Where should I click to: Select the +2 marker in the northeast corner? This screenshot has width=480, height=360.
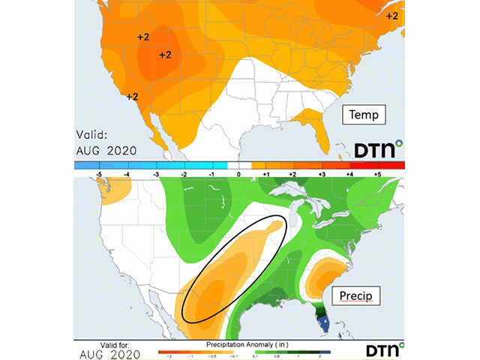pyautogui.click(x=392, y=16)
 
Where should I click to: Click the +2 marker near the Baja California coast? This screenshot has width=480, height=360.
pyautogui.click(x=132, y=97)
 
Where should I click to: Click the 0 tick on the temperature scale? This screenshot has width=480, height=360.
pyautogui.click(x=238, y=173)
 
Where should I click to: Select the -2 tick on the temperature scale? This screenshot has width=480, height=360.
pyautogui.click(x=181, y=173)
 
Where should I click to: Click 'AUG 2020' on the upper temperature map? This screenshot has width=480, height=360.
pyautogui.click(x=106, y=150)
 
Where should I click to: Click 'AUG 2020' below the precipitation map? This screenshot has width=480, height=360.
pyautogui.click(x=106, y=352)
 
